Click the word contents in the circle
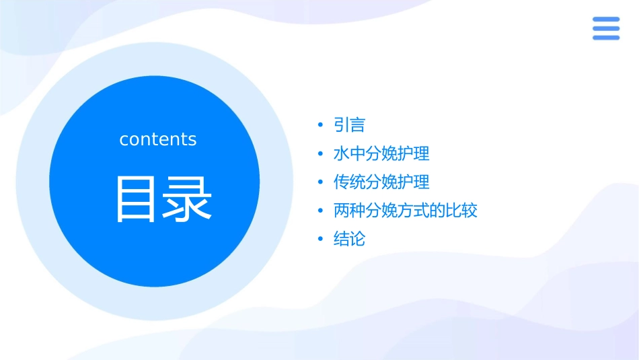[158, 139]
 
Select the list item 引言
[349, 125]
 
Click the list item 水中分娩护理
[381, 153]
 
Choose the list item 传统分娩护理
[381, 182]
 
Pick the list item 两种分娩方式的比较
[406, 211]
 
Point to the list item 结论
[349, 239]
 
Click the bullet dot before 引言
[321, 125]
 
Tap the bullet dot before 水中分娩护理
[321, 153]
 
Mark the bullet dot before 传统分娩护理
[321, 182]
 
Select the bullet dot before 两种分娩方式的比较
[321, 211]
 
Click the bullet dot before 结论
[321, 239]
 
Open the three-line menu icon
[606, 28]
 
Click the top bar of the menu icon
[606, 20]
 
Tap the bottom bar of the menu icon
[606, 37]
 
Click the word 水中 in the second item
[349, 153]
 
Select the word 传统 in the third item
[349, 182]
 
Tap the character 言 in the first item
[357, 125]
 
